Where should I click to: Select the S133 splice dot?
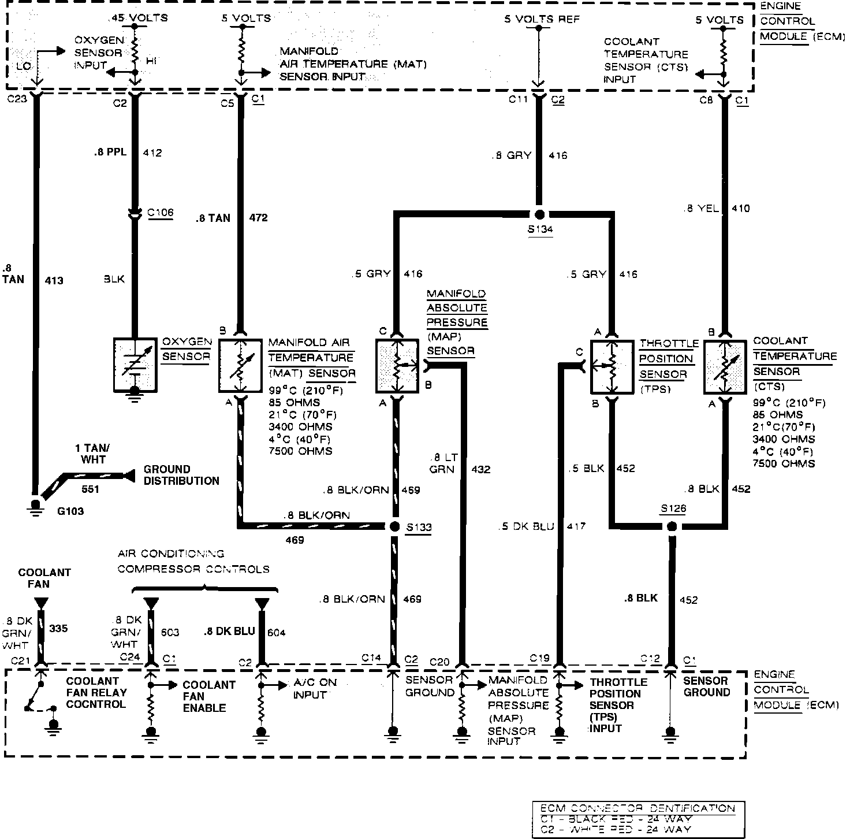tap(394, 526)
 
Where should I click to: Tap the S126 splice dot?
tap(672, 526)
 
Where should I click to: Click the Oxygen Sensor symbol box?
tap(135, 365)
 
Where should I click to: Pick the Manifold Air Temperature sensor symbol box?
tap(240, 365)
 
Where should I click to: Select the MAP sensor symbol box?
tap(397, 366)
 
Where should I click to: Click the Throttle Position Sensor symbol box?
tap(612, 366)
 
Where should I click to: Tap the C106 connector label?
tap(160, 213)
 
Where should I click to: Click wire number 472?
tap(258, 218)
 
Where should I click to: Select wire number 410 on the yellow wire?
tap(741, 208)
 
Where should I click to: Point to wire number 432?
tap(480, 469)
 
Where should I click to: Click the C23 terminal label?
tap(17, 99)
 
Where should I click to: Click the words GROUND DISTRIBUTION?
tap(181, 475)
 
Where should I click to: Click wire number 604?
tap(276, 633)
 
